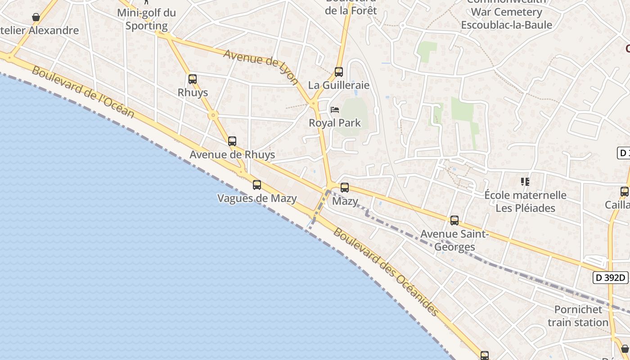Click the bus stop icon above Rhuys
pos(193,79)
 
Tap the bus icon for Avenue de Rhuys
pos(232,141)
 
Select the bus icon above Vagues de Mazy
pos(257,184)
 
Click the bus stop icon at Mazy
pos(345,188)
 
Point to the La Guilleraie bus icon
pos(339,72)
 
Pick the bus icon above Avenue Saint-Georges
pos(454,220)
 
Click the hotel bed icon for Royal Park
pos(335,109)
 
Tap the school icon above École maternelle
pos(525,182)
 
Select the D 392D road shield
pos(611,278)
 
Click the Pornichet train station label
pos(578,316)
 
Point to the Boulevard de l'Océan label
pos(83,93)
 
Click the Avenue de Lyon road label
pos(261,67)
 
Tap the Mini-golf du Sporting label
pos(146,19)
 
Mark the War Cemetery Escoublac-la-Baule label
pos(506,18)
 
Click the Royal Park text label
pos(335,122)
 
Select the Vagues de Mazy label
pos(257,198)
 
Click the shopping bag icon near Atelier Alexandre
pos(36,17)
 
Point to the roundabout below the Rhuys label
pos(213,115)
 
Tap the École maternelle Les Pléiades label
pos(526,202)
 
